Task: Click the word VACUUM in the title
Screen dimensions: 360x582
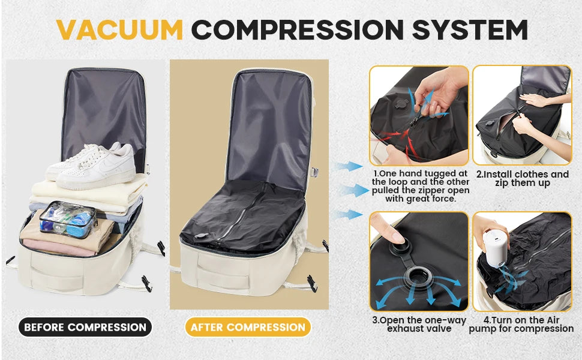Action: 119,29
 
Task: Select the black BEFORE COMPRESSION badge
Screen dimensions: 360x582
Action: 85,327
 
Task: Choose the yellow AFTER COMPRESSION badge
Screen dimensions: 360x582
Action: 248,327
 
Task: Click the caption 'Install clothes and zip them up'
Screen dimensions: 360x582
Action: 522,179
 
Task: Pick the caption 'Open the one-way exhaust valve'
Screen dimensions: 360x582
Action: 418,325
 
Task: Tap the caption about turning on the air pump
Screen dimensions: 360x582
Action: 521,325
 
